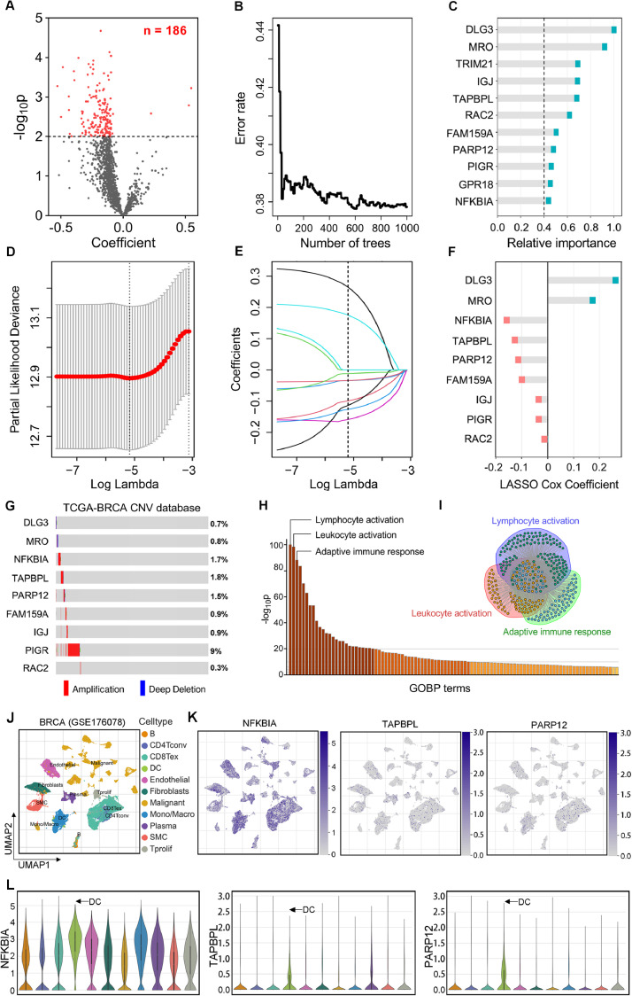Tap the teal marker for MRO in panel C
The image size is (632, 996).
coord(605,46)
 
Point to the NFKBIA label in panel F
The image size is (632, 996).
coord(461,319)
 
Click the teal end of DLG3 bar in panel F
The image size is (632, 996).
coord(615,281)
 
